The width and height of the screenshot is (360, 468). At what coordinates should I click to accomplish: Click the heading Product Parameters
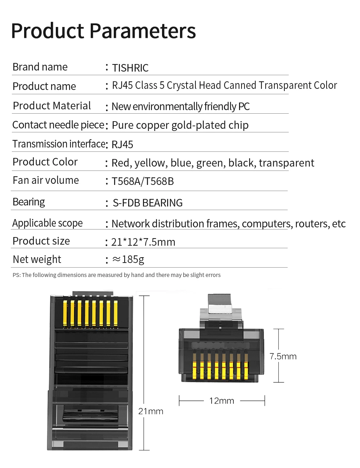[103, 31]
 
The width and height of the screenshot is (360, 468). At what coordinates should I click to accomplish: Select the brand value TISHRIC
[130, 68]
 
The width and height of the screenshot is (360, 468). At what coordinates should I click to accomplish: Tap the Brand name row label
[40, 67]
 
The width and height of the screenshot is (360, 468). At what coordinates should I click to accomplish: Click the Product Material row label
[52, 106]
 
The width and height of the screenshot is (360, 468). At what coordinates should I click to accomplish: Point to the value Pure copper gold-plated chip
[180, 125]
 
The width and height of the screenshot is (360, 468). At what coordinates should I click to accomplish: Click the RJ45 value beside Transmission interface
[122, 145]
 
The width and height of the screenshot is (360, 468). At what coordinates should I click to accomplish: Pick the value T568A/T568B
[143, 181]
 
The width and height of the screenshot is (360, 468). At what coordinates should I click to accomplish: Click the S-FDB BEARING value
[148, 203]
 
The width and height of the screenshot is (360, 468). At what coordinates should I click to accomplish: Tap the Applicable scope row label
[48, 223]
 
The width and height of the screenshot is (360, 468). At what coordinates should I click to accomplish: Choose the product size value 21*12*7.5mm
[143, 242]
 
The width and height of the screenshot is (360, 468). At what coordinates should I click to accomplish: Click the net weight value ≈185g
[129, 259]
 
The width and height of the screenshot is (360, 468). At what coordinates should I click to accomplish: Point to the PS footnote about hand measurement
[117, 275]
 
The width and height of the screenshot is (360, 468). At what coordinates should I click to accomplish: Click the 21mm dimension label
[151, 411]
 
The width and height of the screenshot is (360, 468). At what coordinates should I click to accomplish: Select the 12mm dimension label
[222, 401]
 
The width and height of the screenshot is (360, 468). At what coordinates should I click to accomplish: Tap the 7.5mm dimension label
[283, 356]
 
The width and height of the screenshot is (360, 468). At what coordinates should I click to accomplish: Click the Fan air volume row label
[46, 180]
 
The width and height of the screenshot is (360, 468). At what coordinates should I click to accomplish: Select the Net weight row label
[37, 259]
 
